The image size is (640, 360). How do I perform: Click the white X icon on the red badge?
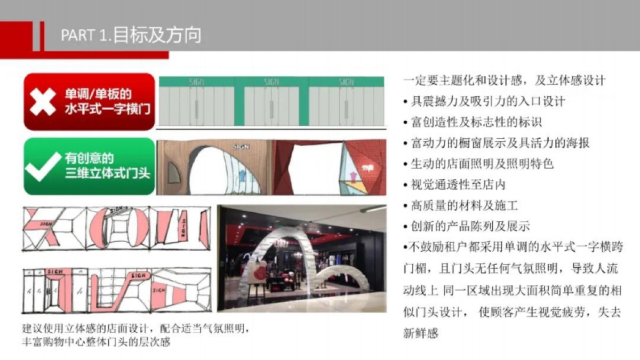pos(43,102)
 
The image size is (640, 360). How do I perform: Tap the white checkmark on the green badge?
pos(43,166)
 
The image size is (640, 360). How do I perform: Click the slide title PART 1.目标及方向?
pos(131,35)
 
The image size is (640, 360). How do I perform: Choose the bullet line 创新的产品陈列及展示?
pos(467,226)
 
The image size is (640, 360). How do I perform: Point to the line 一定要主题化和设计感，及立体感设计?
pos(505,81)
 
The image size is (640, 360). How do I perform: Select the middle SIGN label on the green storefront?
pos(271,82)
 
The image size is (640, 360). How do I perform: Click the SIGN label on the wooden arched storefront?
pos(241,146)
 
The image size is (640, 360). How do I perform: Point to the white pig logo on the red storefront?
pos(366,169)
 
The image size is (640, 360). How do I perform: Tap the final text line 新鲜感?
pos(421,333)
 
